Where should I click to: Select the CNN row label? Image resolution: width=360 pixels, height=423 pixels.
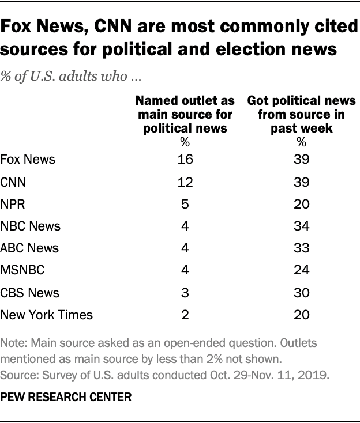point(14,182)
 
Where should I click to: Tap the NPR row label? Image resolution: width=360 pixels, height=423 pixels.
point(13,204)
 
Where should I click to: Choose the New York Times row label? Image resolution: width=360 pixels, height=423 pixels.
point(47,315)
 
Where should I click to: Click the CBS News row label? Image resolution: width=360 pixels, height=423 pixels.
point(30,292)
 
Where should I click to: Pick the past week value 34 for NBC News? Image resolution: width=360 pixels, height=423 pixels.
point(301,226)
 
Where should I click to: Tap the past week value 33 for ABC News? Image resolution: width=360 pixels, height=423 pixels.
point(301,248)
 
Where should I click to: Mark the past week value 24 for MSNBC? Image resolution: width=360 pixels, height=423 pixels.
point(301,270)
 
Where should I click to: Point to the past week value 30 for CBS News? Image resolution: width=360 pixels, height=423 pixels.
point(301,292)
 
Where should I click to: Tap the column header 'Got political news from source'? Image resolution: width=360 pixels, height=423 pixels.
point(301,114)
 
